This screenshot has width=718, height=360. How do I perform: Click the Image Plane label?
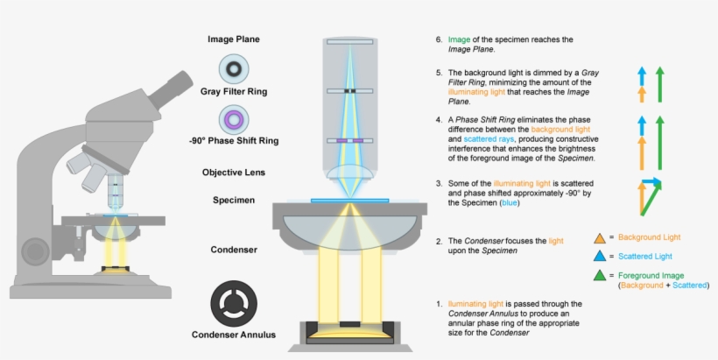point(233,39)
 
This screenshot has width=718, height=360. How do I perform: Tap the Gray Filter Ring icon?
point(233,68)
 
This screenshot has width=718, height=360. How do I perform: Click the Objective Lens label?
point(233,173)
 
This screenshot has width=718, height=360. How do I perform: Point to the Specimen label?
point(233,200)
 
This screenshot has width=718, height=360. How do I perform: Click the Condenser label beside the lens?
point(233,250)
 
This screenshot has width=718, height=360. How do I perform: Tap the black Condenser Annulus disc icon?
point(233,303)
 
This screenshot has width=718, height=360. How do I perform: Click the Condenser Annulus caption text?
point(233,335)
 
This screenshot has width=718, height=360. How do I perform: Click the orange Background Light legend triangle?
point(599,237)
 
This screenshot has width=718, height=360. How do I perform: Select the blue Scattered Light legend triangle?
point(599,257)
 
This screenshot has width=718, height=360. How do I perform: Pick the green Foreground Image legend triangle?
point(599,276)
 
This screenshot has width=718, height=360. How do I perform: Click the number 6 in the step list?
point(439,39)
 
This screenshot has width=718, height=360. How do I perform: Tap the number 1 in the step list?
point(439,304)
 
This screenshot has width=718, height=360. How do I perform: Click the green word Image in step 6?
point(459,39)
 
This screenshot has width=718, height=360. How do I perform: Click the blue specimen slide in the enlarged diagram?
point(349,201)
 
